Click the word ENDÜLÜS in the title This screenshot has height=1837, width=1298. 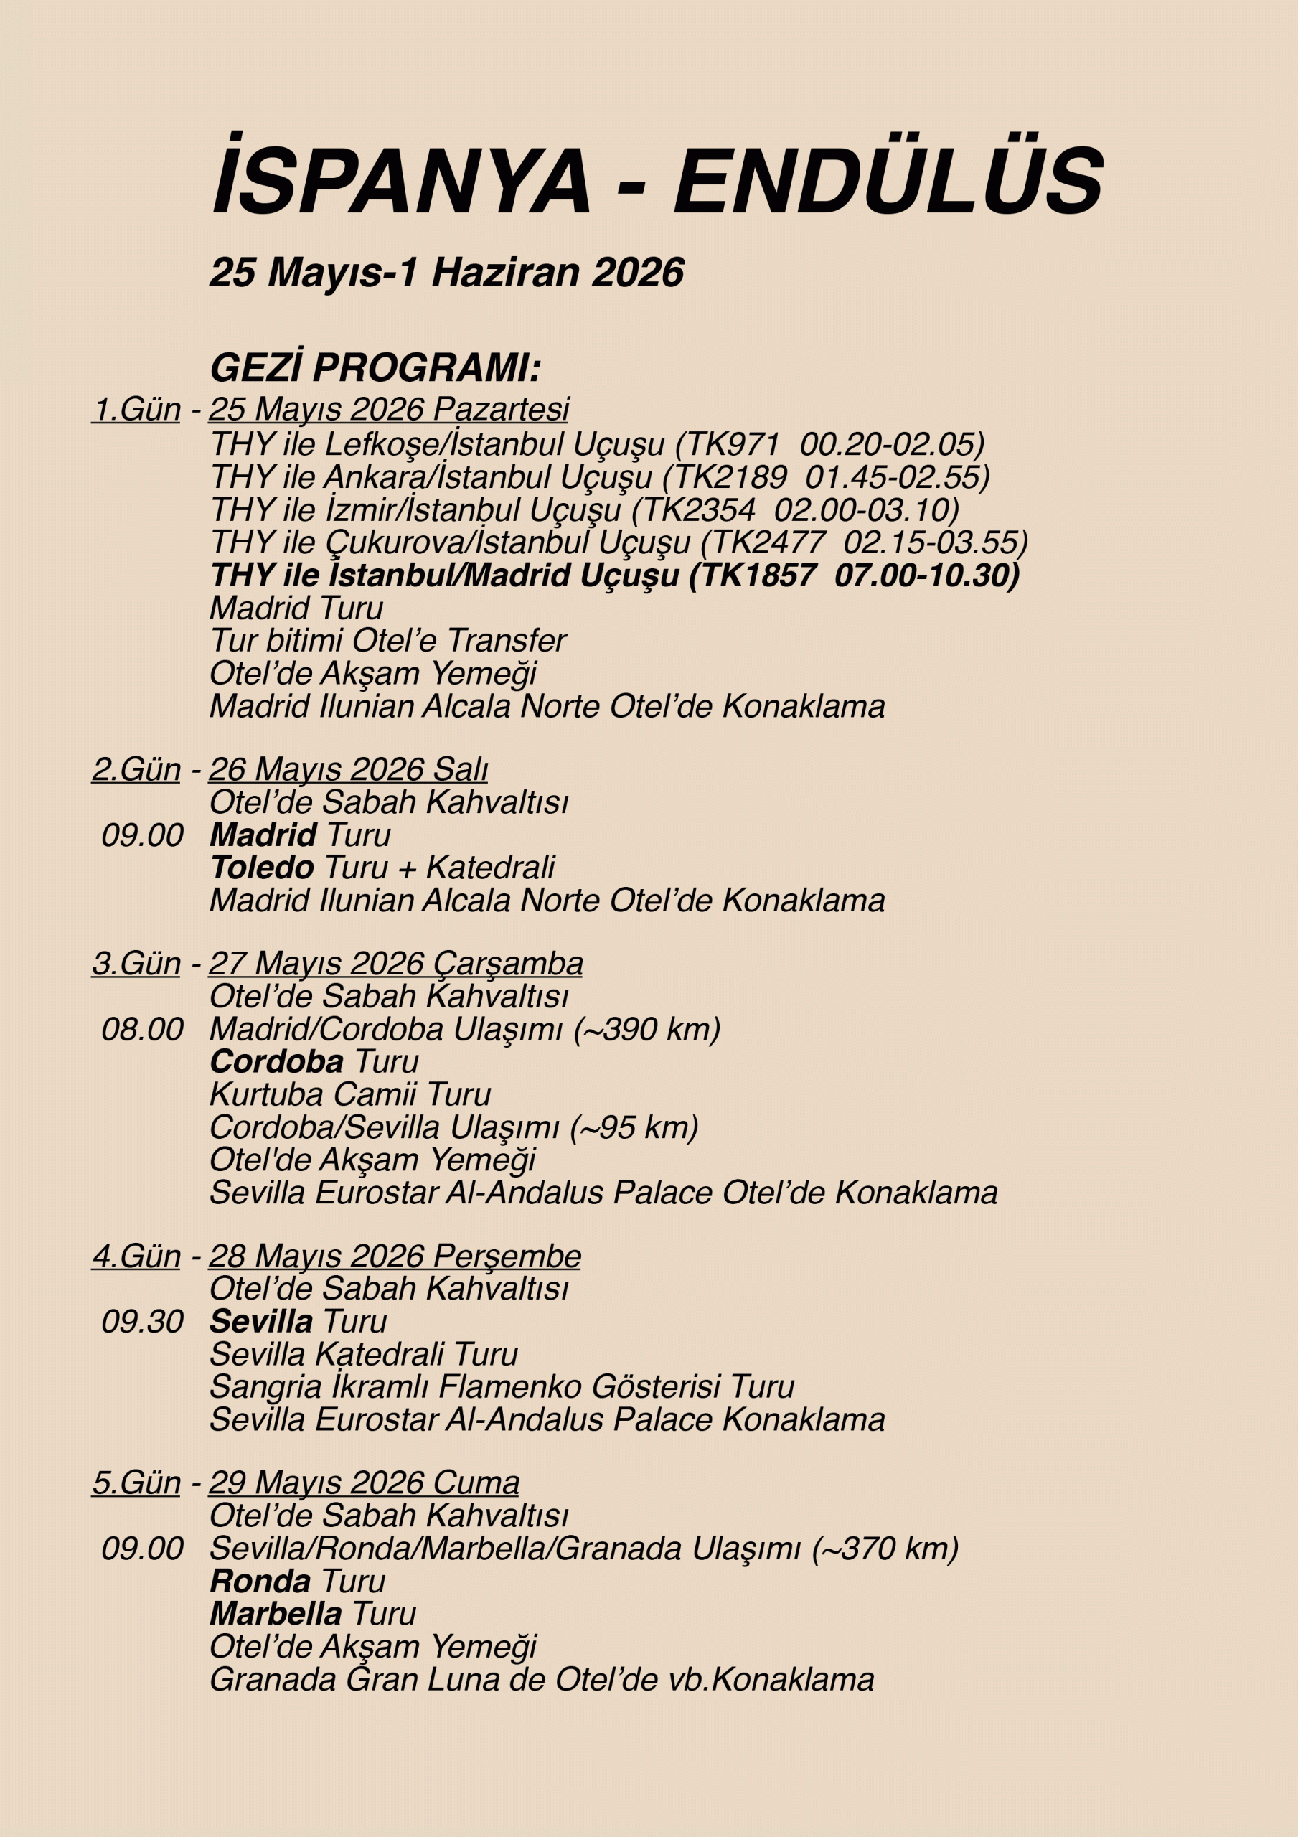[x=888, y=181]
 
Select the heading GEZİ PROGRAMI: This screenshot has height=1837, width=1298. [x=375, y=368]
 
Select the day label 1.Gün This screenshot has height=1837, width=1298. [x=137, y=409]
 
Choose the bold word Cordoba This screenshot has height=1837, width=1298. [x=277, y=1062]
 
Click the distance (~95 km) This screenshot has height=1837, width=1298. [x=634, y=1127]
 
